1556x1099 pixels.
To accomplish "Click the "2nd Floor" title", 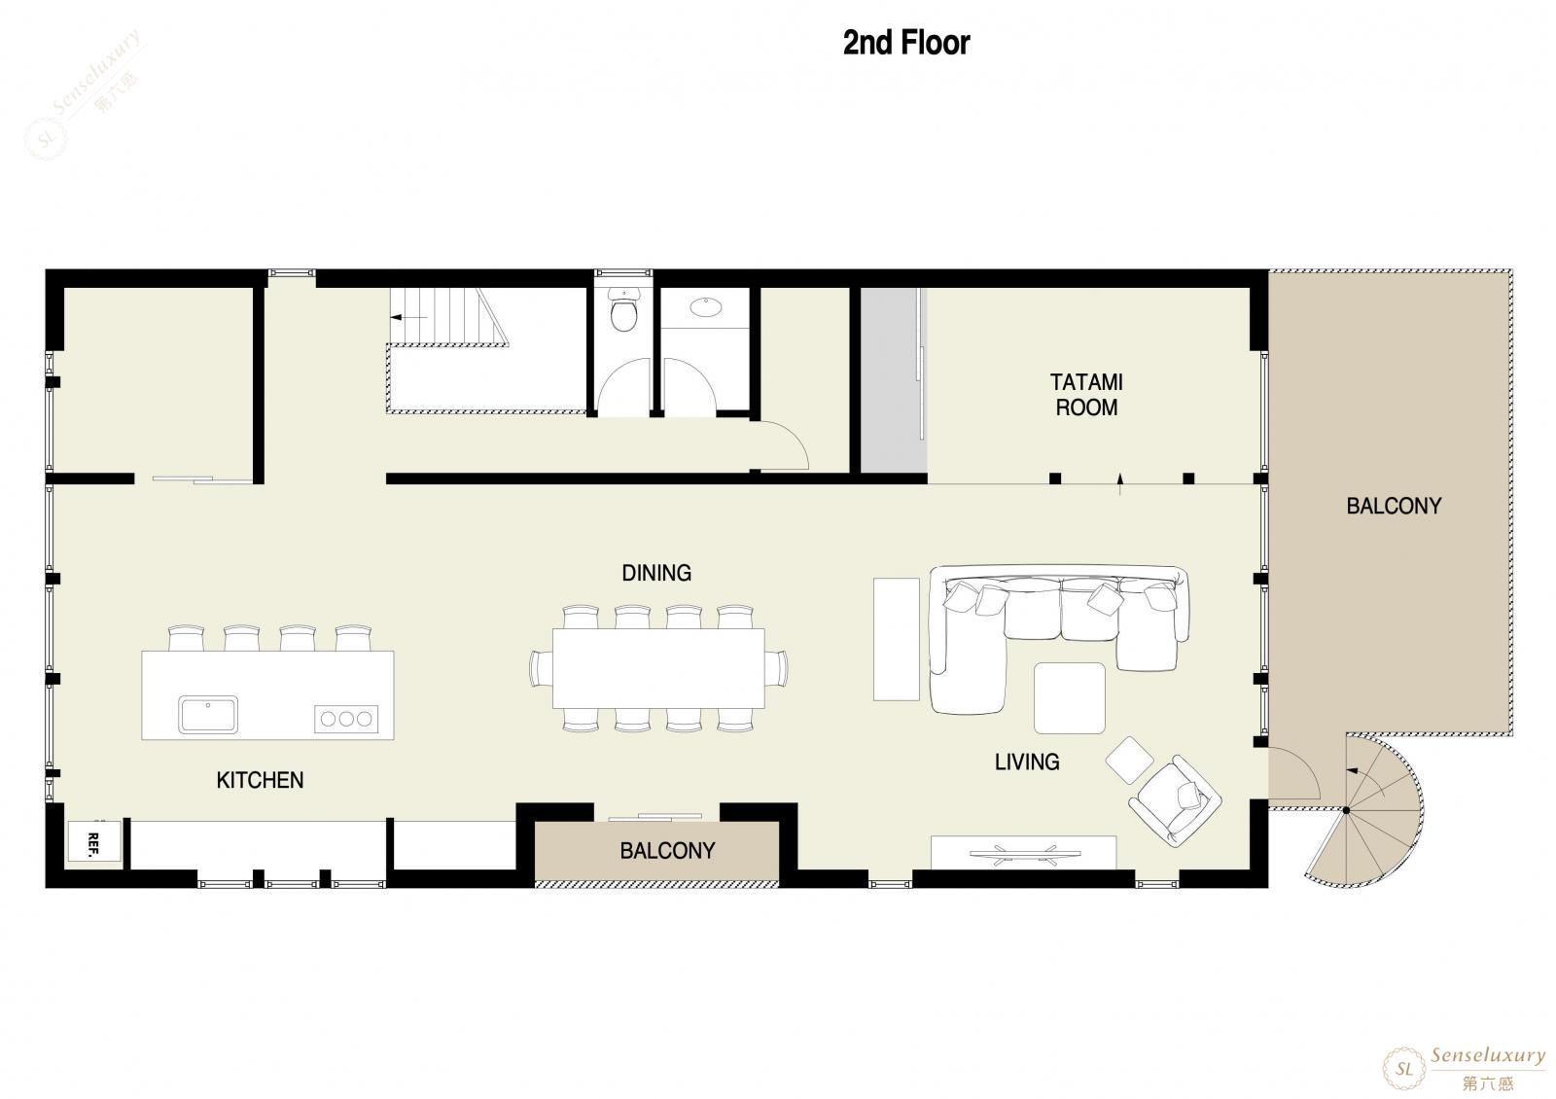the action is point(906,43).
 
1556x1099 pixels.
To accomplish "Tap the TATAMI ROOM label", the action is point(1086,395).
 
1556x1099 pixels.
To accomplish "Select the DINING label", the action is point(656,573).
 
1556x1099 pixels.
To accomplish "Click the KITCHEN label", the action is point(260,780).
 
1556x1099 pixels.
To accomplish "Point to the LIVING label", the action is point(1027,762).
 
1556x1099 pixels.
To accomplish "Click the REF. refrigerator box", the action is point(94,842).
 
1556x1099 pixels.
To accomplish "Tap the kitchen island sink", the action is point(208,714).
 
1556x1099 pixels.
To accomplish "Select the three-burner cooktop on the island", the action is point(346,719).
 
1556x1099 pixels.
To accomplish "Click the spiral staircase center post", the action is point(1346,810).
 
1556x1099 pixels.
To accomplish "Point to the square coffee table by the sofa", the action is point(1069,698).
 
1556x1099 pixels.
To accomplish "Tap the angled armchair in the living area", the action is point(1176,801).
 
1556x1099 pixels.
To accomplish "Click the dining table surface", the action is point(658,668).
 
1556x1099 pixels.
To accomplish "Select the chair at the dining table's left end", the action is point(541,668).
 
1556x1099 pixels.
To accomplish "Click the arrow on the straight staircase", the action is point(407,317).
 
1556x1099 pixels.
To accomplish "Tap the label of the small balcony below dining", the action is point(667,851).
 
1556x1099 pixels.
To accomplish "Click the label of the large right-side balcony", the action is point(1394,506).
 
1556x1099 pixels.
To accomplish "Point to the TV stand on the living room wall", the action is point(1023,852).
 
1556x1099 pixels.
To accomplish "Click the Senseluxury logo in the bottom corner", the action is point(1465,1068).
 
